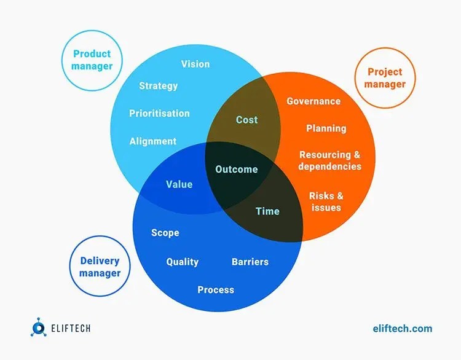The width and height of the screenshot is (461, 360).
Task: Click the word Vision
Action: tap(195, 64)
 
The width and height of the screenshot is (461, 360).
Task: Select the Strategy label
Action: tap(158, 86)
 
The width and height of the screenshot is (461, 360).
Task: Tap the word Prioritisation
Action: tap(159, 114)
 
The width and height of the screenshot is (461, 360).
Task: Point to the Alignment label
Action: tap(153, 141)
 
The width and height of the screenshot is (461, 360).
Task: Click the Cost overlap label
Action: tap(246, 120)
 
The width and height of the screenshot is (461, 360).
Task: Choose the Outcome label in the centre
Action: tap(237, 170)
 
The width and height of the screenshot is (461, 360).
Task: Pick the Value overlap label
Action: tap(179, 184)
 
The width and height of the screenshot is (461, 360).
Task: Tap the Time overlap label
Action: tap(267, 211)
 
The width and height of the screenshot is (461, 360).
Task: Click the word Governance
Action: tap(313, 101)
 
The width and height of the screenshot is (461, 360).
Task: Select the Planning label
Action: tap(326, 128)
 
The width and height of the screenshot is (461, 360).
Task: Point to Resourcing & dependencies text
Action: tap(329, 160)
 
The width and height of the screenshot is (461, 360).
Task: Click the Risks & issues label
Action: tap(326, 202)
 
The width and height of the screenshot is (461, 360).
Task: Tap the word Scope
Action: tap(165, 233)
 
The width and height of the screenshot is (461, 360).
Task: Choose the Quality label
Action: tap(183, 262)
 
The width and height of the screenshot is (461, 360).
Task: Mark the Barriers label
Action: tap(250, 262)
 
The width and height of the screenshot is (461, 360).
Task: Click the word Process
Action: tap(216, 290)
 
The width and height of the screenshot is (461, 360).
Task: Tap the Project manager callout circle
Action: tap(385, 78)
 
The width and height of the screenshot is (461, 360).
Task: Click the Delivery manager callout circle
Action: tap(100, 267)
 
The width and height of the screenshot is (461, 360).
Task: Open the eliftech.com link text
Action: tap(403, 329)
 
